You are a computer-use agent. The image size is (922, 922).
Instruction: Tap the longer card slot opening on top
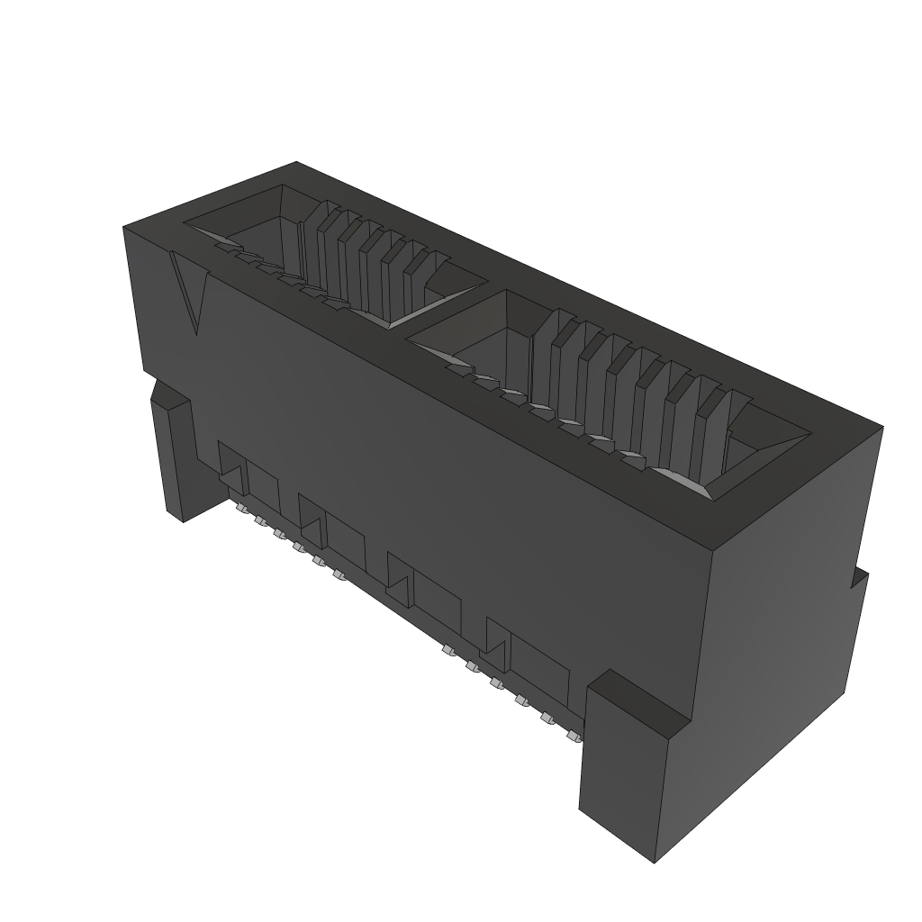612,396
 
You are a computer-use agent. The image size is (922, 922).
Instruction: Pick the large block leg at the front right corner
630,765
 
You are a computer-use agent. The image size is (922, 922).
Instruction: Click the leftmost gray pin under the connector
240,509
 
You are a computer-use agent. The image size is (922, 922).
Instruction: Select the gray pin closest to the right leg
571,737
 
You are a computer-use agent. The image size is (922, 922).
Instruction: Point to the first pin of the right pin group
447,648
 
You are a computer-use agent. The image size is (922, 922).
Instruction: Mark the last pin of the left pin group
339,574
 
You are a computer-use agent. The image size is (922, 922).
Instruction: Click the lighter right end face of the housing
792,630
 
